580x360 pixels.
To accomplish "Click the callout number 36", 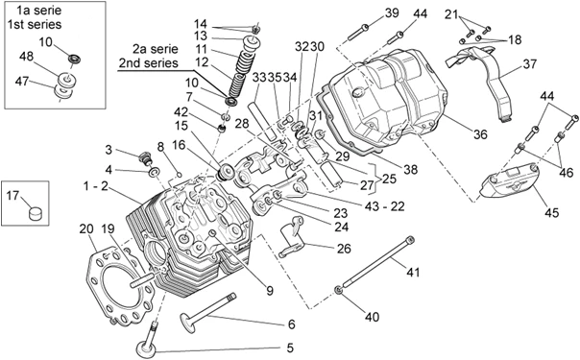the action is pyautogui.click(x=480, y=134).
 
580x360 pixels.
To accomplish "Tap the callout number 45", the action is pyautogui.click(x=551, y=212).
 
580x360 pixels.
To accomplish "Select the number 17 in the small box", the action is pyautogui.click(x=12, y=195).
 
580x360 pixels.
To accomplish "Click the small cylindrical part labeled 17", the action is pyautogui.click(x=36, y=214).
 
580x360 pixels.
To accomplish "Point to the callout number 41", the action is pyautogui.click(x=413, y=273).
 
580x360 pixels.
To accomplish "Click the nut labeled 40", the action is pyautogui.click(x=338, y=290).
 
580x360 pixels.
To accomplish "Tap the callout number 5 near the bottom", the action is pyautogui.click(x=290, y=348).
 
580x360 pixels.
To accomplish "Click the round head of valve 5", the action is pyautogui.click(x=146, y=348).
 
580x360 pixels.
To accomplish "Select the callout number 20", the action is pyautogui.click(x=86, y=229).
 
